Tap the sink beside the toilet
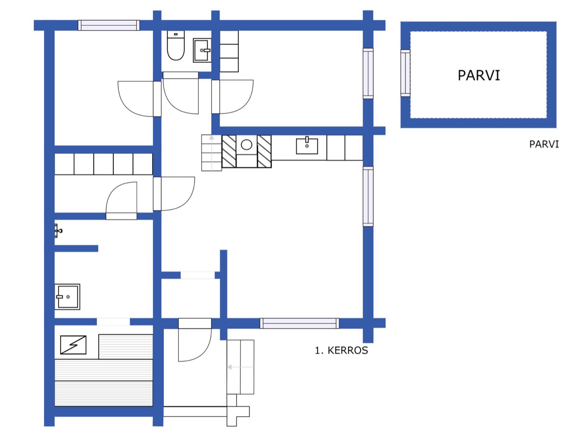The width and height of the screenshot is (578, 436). point(202,50)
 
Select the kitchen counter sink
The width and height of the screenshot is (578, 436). point(307,146)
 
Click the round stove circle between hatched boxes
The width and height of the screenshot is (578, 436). point(247,145)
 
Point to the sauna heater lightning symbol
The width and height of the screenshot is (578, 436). point(73,345)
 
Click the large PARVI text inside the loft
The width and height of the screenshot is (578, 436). point(479,76)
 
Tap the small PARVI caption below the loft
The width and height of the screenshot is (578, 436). point(544,144)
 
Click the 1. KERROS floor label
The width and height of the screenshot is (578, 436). point(341,350)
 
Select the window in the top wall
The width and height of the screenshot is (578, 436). point(109,25)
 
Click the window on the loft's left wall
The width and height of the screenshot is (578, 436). point(405,73)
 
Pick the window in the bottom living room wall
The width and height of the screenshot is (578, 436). point(300,323)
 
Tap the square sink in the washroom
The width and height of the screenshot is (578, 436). point(67,296)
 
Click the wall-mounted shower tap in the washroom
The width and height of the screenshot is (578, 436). point(58,231)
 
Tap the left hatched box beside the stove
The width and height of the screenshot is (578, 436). point(229,151)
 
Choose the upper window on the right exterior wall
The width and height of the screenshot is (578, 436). point(368,73)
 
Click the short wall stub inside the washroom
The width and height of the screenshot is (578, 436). point(76,248)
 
